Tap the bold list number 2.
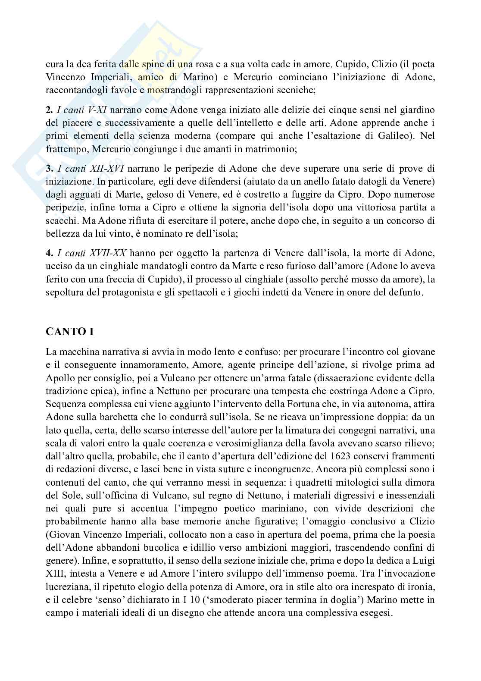49,110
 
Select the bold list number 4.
49,253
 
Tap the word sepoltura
63,292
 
